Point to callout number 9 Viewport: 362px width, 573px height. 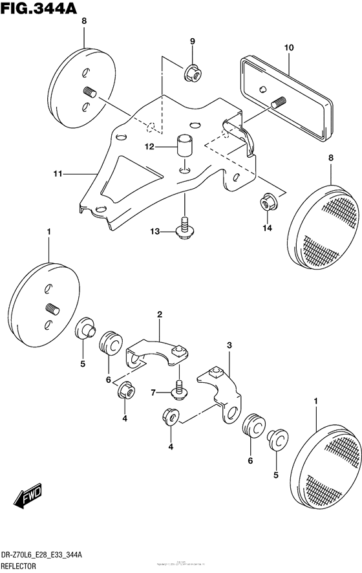coord(192,43)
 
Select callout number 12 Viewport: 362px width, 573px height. coord(149,147)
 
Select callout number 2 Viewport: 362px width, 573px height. coord(158,315)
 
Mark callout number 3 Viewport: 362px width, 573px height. coord(228,345)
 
